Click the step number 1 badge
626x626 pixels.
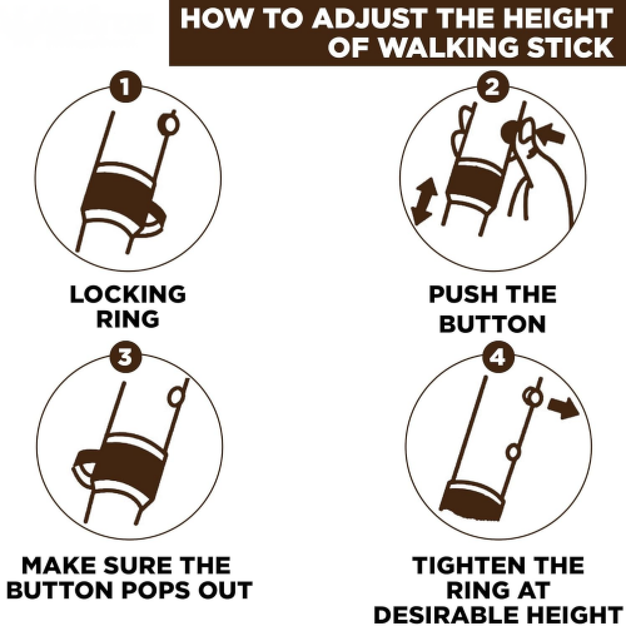tap(125, 86)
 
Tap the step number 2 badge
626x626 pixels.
tap(493, 86)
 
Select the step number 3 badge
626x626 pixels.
tap(125, 357)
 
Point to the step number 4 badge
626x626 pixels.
tap(498, 357)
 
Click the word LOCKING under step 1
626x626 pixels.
tap(128, 294)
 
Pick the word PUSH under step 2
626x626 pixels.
tap(459, 294)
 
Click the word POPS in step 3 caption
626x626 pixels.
tap(158, 590)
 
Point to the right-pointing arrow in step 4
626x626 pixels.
tap(563, 408)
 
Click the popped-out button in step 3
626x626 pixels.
tap(176, 397)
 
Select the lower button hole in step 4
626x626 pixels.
tap(513, 453)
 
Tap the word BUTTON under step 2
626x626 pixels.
tap(492, 324)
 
